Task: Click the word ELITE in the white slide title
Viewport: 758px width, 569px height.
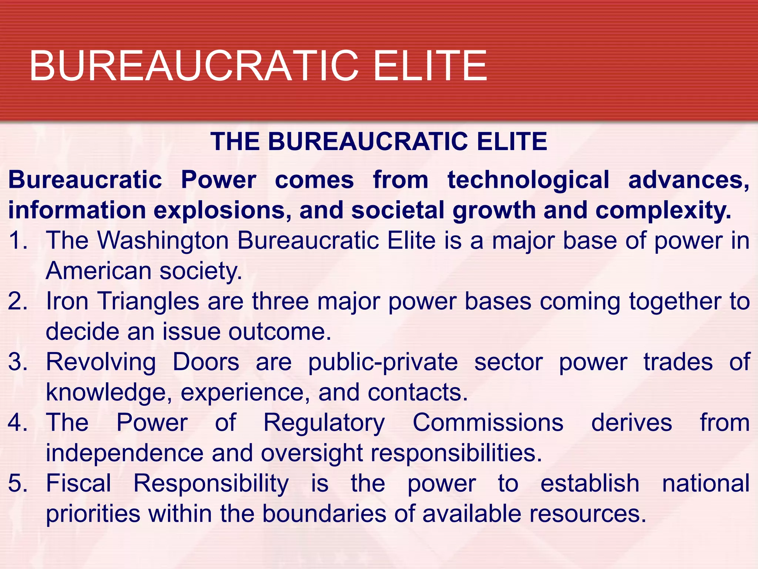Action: click(x=430, y=66)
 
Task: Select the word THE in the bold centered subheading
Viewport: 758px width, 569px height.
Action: click(x=235, y=142)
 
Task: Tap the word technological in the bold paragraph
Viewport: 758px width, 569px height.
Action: click(x=528, y=180)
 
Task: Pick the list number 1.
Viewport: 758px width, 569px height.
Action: click(x=17, y=241)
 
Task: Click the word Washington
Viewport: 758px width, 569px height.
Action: click(x=163, y=241)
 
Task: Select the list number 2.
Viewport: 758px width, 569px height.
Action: click(x=17, y=301)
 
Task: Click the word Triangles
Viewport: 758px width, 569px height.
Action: click(x=148, y=301)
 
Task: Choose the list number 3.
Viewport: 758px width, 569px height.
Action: click(x=17, y=362)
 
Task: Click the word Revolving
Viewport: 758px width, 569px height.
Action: click(x=101, y=362)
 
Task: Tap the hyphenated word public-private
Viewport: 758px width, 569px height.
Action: click(x=383, y=362)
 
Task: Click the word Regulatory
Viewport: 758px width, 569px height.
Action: click(x=324, y=423)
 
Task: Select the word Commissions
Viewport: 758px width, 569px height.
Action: click(x=488, y=423)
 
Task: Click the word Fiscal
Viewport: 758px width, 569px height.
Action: click(x=78, y=483)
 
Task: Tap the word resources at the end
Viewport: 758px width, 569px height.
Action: click(x=587, y=514)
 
